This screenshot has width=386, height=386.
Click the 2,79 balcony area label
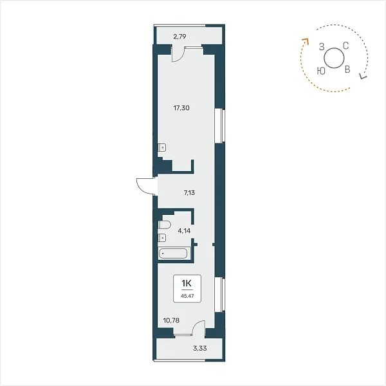[x=179, y=37]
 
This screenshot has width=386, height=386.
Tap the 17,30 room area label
[x=181, y=108]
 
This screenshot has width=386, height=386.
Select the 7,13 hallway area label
[x=189, y=193]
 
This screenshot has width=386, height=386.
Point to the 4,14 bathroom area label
[x=184, y=231]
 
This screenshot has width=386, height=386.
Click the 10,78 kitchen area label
[x=171, y=320]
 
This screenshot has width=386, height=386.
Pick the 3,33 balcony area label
[x=200, y=348]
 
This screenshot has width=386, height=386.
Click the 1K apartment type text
[x=187, y=284]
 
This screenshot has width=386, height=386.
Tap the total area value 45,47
[x=187, y=296]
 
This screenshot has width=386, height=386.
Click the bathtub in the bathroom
[x=173, y=253]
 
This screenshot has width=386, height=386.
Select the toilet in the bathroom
[x=165, y=225]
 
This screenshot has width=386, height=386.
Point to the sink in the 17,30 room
[x=162, y=147]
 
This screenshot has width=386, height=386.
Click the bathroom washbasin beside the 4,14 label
[x=162, y=237]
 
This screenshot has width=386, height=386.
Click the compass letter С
[x=346, y=46]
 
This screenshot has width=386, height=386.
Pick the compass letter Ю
[x=321, y=71]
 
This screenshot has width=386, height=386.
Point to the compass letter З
[x=322, y=46]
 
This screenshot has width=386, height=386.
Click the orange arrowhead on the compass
[x=306, y=41]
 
